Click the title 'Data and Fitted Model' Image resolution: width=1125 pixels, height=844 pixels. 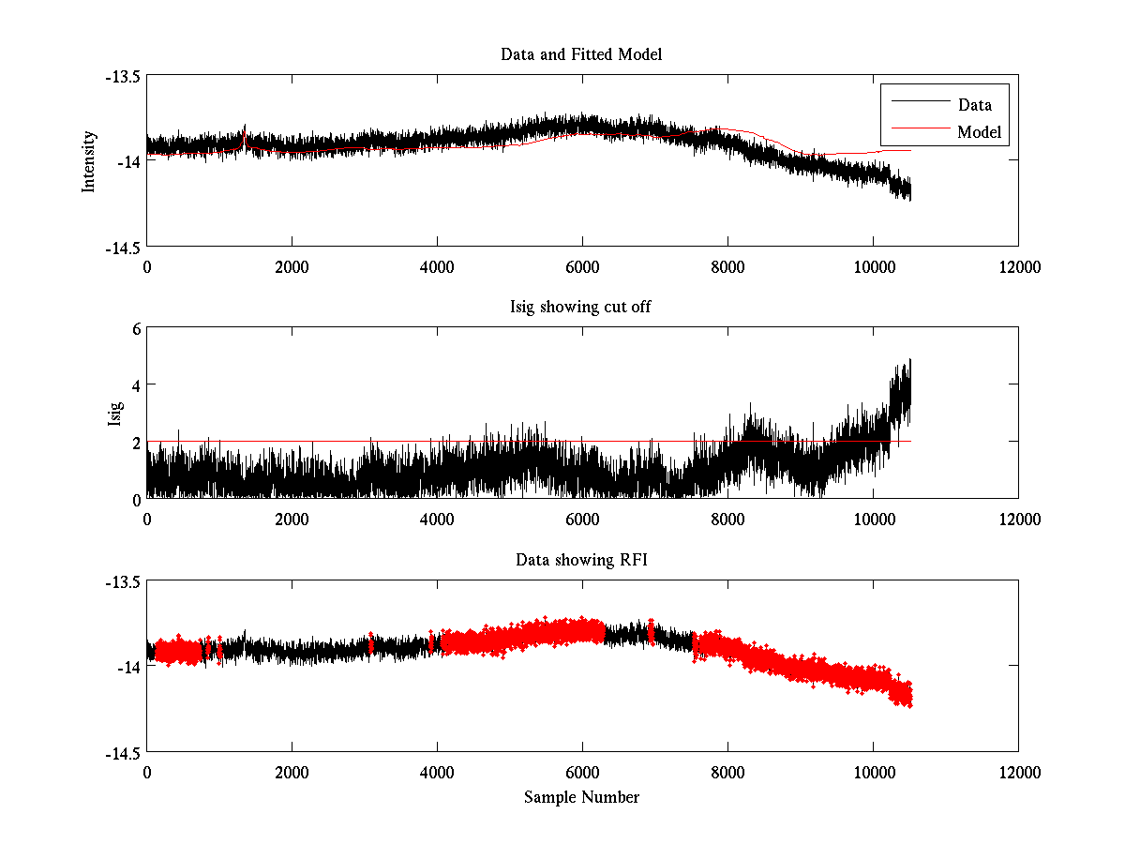point(581,54)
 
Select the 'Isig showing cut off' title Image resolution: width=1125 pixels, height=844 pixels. point(581,308)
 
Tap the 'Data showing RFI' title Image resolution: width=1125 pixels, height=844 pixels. point(581,560)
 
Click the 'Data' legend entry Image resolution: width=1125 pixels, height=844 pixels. point(974,105)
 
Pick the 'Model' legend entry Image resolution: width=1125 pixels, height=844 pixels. point(979,132)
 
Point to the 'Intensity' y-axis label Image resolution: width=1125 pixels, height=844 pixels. point(89,161)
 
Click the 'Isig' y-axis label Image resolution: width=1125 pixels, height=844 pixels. point(114,414)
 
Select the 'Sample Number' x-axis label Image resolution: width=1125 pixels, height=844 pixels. point(581,797)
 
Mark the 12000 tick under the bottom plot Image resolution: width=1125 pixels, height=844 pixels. point(1018,772)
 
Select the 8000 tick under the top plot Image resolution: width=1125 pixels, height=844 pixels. point(727,266)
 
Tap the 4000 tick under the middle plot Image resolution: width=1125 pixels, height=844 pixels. point(437,519)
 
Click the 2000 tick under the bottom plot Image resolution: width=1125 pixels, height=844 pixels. point(292,772)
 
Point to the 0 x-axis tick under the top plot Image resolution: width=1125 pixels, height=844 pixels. point(147,266)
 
